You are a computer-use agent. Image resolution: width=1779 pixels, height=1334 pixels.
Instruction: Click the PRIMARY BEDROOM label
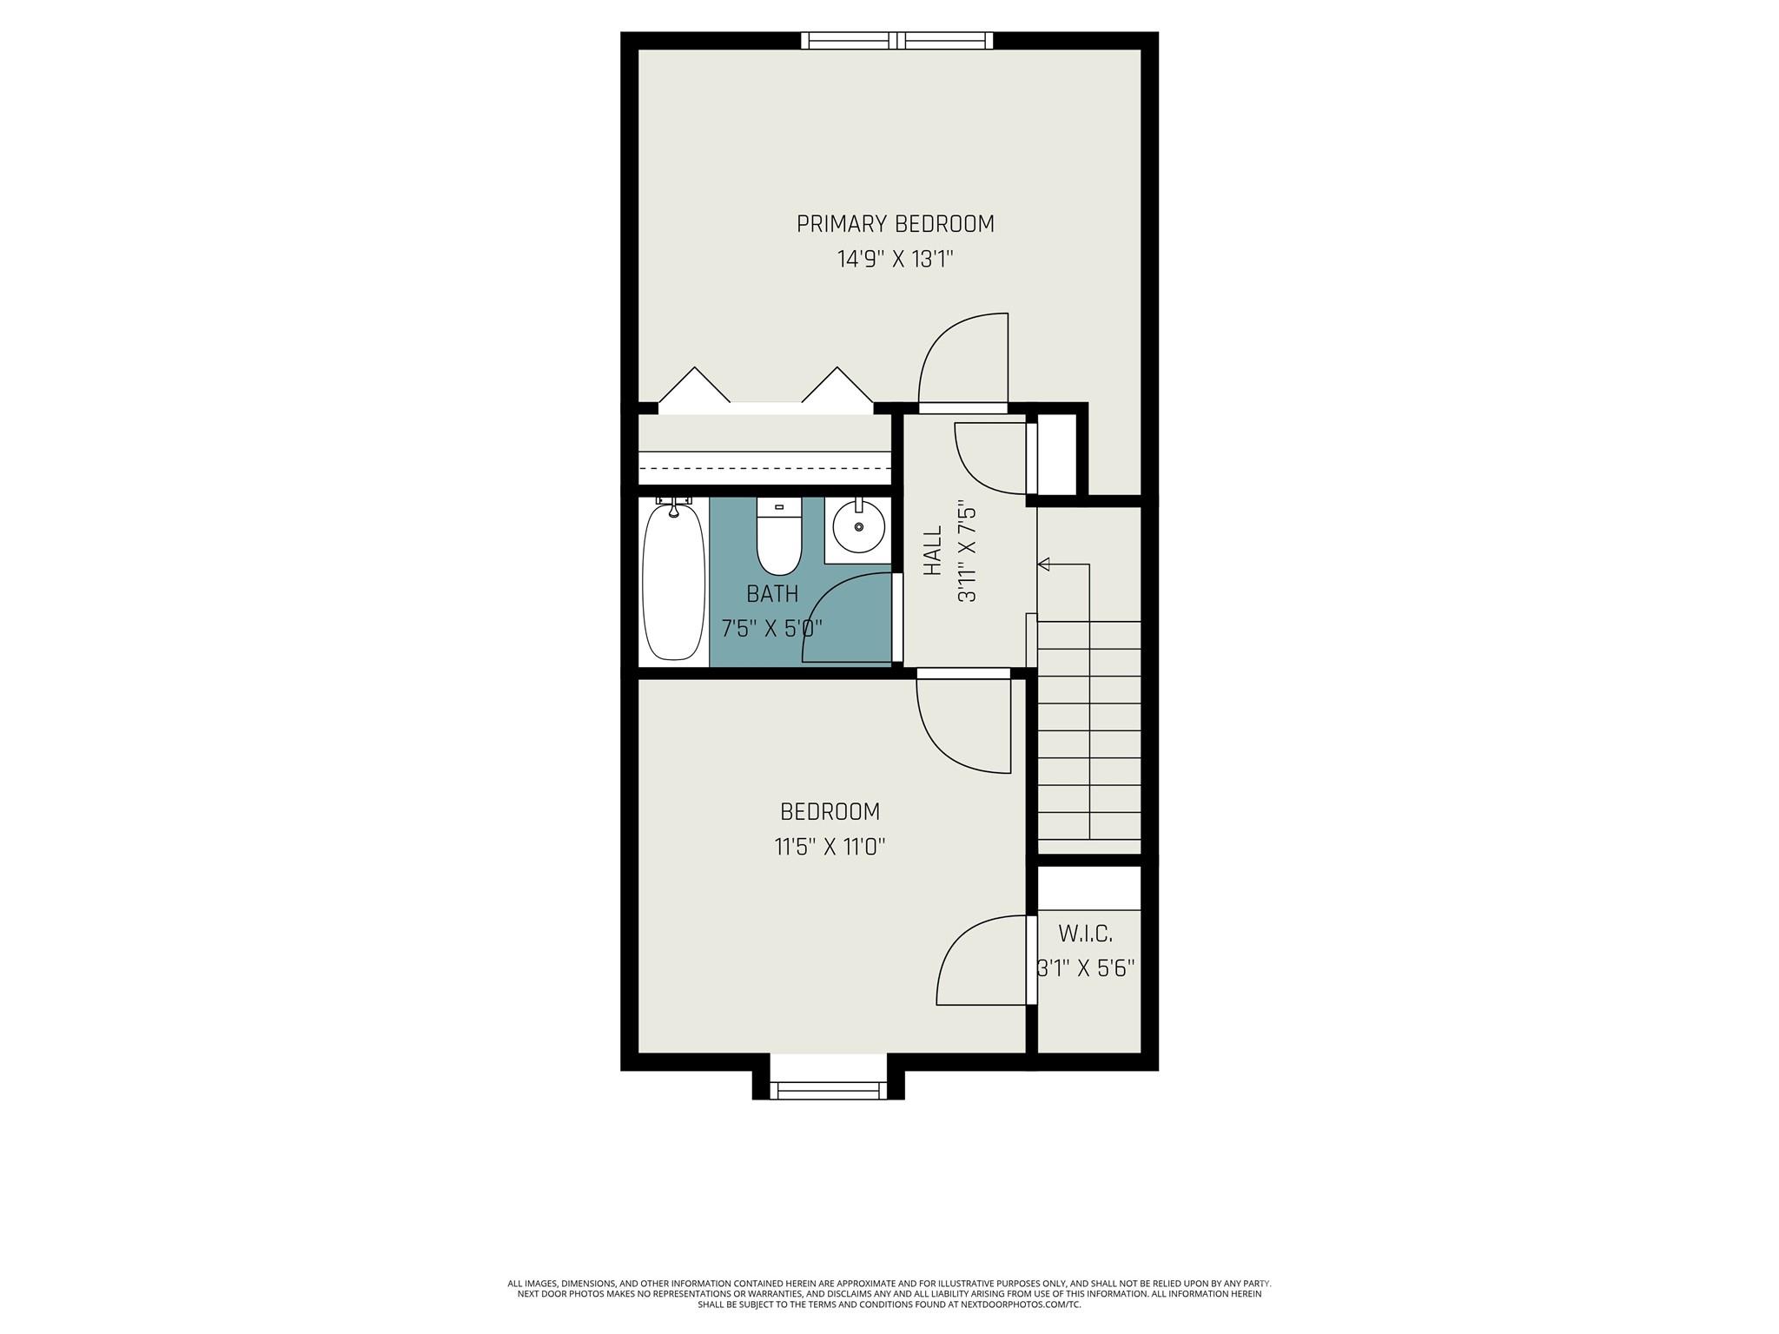(895, 224)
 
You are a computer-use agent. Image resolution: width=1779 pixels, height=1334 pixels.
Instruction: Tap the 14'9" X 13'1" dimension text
(895, 260)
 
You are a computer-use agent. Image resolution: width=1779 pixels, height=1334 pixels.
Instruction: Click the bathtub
(673, 582)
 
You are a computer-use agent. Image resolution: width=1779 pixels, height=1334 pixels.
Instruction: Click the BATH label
(772, 594)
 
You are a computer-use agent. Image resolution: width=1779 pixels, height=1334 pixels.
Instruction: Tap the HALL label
(932, 551)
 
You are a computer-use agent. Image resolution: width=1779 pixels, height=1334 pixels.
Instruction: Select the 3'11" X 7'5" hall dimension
(966, 551)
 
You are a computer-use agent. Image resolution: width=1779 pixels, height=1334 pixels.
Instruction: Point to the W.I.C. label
(1085, 934)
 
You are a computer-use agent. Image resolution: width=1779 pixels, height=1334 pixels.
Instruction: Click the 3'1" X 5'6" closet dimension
(1086, 968)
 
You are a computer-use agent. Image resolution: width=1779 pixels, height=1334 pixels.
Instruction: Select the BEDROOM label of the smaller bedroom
(830, 812)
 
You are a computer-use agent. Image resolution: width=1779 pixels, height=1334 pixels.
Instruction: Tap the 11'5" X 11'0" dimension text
(830, 847)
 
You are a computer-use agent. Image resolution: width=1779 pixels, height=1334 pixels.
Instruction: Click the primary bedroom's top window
(896, 40)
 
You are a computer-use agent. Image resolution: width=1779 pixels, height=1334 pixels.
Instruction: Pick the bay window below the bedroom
(828, 1090)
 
